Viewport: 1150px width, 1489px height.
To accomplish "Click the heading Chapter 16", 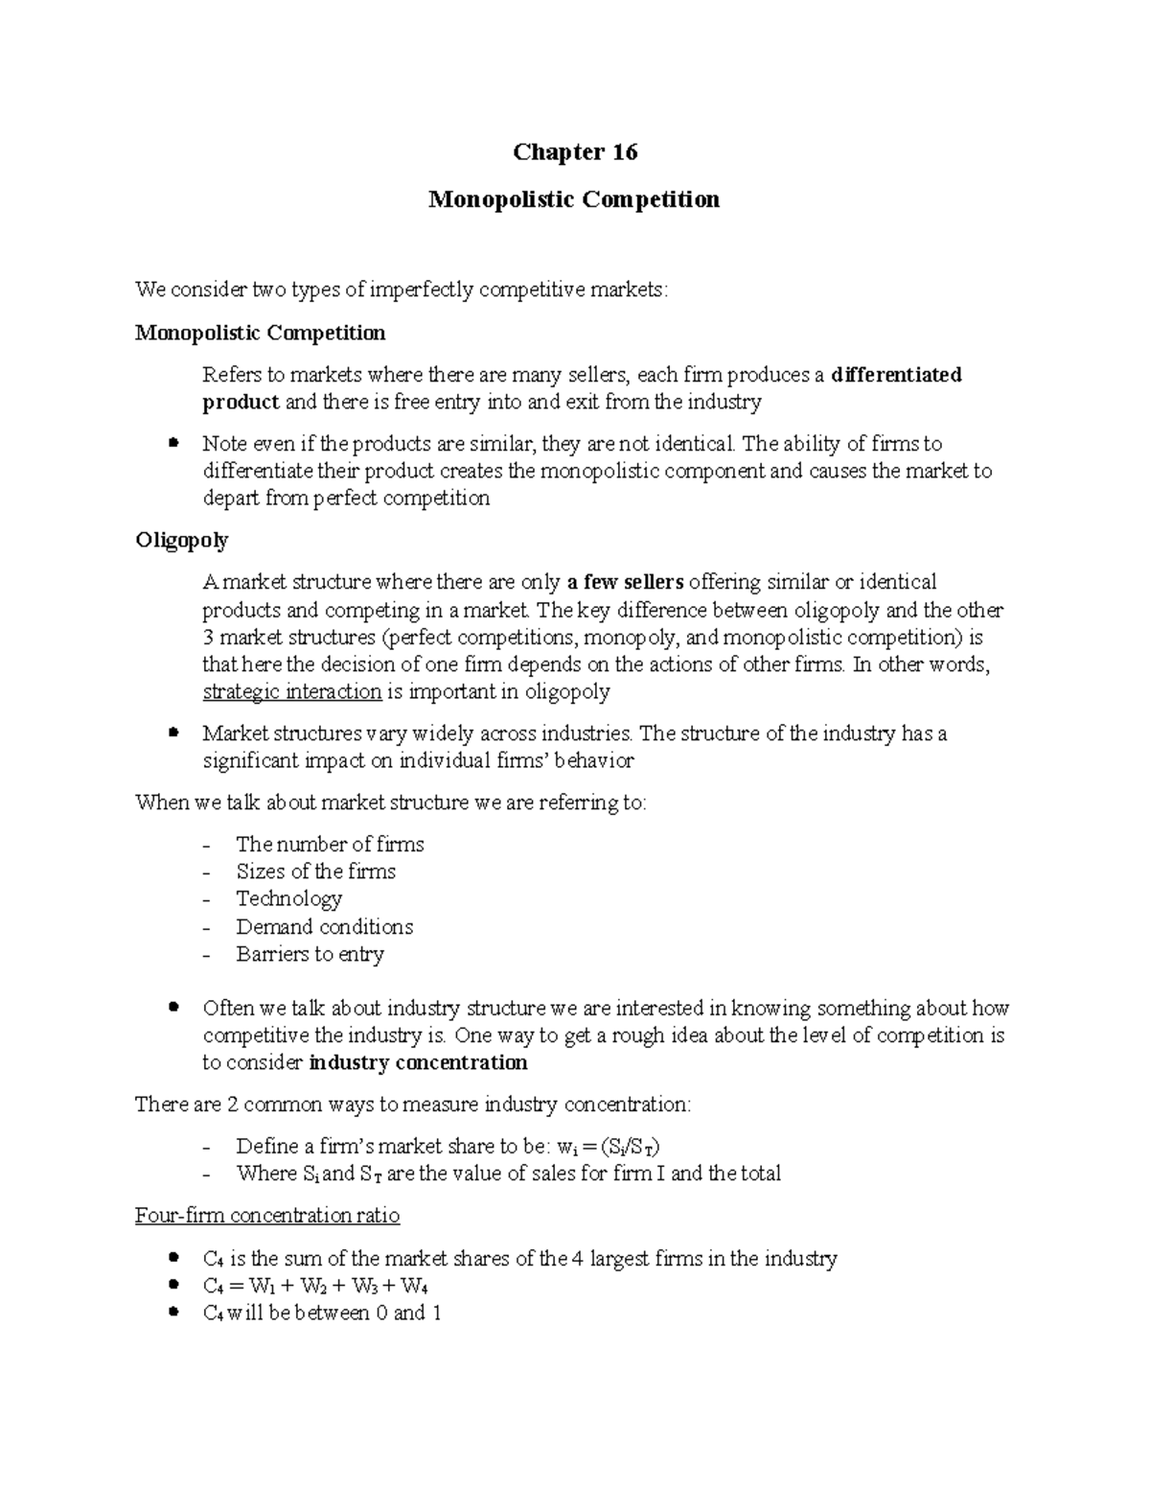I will point(575,152).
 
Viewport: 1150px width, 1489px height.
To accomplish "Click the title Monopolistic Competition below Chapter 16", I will point(574,199).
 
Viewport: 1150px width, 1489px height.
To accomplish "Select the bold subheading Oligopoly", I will point(182,540).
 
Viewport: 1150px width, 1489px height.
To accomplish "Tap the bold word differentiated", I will point(896,375).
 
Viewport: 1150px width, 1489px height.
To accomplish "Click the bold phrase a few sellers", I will point(625,582).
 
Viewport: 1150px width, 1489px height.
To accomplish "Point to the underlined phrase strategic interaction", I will point(291,692).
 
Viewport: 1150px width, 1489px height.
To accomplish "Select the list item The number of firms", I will point(330,844).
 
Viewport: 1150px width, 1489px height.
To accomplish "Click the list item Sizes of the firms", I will point(315,872).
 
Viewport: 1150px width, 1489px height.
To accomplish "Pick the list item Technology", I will point(288,898).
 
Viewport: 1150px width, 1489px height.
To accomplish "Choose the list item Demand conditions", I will point(324,926).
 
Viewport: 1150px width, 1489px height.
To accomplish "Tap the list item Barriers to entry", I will point(310,954).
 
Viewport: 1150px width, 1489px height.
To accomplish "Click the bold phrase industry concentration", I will point(419,1062).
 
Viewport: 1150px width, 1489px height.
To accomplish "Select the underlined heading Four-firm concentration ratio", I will point(267,1216).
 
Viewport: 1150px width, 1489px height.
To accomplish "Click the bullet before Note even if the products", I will point(173,443).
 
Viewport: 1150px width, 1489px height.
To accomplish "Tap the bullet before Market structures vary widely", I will point(173,733).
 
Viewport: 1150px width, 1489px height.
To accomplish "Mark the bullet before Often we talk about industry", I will point(173,1008).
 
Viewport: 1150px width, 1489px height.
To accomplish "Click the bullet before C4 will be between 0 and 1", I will point(173,1313).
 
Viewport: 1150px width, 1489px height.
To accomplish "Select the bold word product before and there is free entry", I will point(241,402).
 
